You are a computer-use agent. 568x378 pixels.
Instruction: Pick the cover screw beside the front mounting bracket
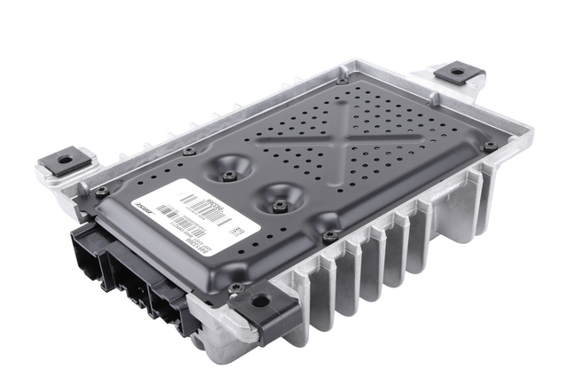pos(234,287)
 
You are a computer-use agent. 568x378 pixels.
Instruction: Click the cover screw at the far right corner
pos(489,146)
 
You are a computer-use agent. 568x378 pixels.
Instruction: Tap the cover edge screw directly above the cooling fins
pos(329,236)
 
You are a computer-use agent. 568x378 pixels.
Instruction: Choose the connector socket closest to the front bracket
pos(170,299)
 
